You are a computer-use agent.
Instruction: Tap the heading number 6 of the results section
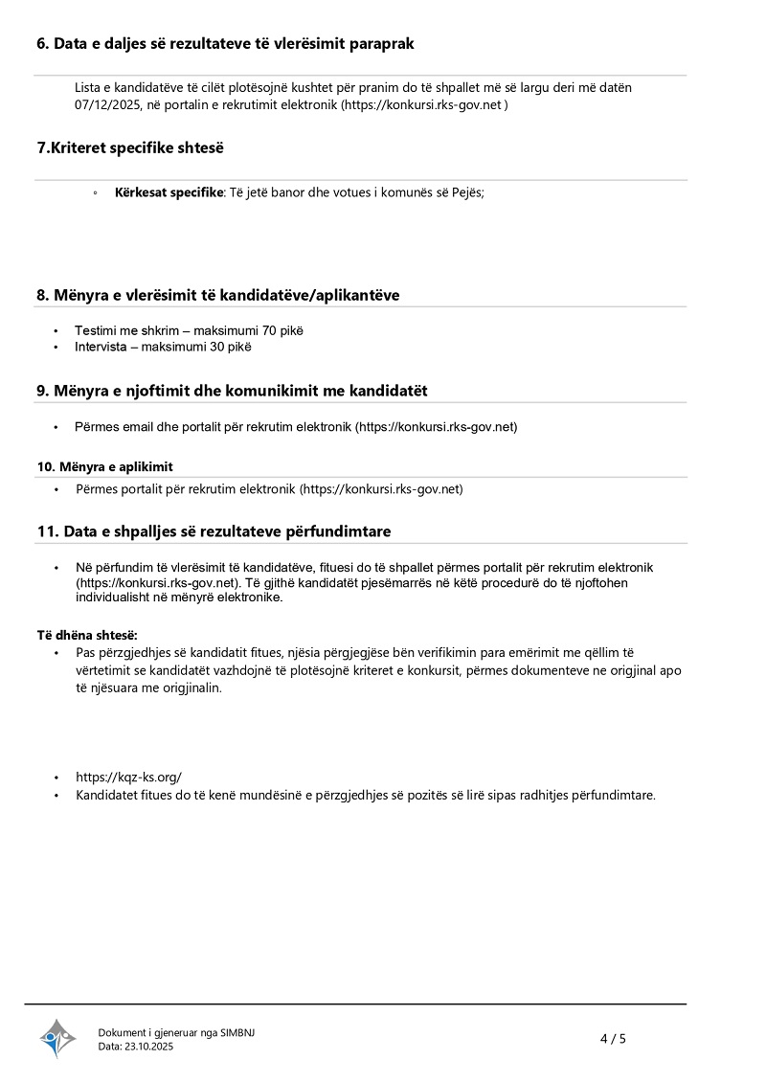[42, 44]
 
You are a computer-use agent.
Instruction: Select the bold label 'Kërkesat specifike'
[169, 192]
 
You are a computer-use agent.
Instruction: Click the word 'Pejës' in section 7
[465, 192]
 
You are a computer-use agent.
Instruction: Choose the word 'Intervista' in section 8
[100, 347]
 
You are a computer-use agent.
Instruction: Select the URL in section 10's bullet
[381, 489]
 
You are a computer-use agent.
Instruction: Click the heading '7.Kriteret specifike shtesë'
[130, 147]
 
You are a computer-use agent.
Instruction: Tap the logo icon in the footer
[57, 1038]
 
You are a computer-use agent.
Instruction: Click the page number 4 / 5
[613, 1039]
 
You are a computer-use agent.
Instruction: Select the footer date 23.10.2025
[149, 1047]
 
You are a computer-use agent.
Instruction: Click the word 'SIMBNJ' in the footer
[237, 1032]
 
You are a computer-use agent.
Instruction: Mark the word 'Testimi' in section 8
[95, 330]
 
